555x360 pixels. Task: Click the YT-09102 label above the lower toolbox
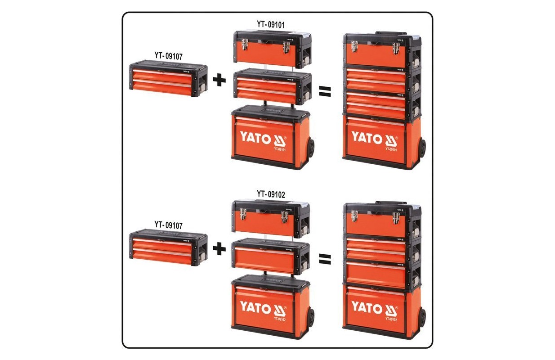point(271,194)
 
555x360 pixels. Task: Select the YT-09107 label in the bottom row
point(168,225)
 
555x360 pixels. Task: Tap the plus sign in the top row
point(219,80)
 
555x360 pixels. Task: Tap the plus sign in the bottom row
point(219,248)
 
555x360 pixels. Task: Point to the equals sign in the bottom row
point(325,259)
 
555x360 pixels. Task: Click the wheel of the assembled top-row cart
point(421,149)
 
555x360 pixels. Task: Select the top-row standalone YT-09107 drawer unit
point(168,80)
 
